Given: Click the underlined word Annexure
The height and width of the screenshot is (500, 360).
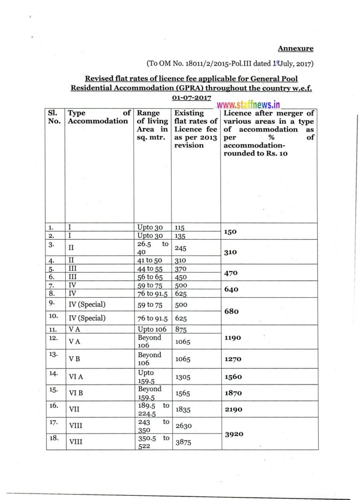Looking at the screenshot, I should click(x=295, y=48).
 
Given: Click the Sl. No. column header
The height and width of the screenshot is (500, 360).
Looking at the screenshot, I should click(x=55, y=117).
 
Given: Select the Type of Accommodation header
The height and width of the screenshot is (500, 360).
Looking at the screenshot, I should click(x=98, y=117).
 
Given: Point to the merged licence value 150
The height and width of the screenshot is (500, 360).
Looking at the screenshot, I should click(x=231, y=231).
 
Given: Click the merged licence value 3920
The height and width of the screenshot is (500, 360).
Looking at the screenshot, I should click(x=234, y=434).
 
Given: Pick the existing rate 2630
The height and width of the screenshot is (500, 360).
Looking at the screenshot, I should click(x=183, y=425).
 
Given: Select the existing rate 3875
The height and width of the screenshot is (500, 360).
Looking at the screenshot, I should click(x=183, y=442).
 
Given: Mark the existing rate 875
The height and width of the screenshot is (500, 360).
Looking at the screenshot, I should click(x=181, y=329).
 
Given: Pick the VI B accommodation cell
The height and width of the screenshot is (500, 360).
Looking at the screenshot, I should click(x=75, y=393).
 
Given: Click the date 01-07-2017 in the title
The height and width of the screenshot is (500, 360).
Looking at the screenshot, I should click(x=192, y=97).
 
